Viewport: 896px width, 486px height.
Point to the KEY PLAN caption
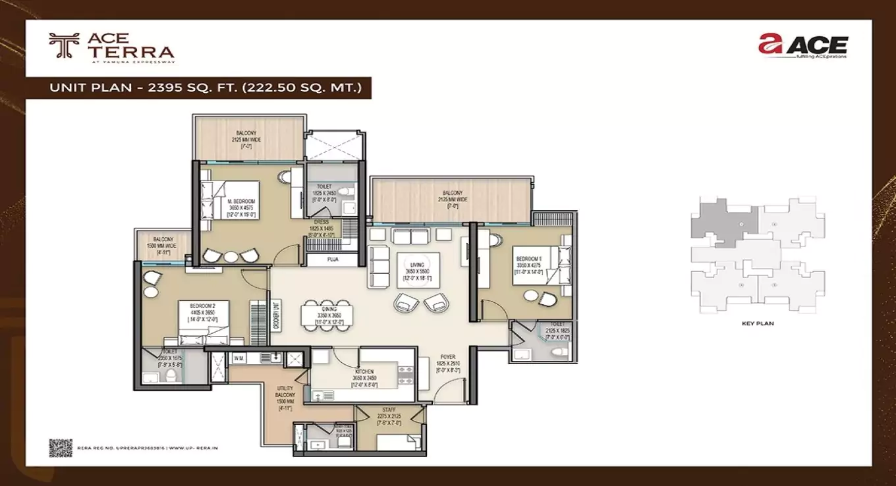[x=757, y=323]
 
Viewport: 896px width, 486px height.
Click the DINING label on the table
[x=329, y=309]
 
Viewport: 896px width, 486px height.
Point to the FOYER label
[x=448, y=358]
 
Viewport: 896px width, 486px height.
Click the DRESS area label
[x=321, y=223]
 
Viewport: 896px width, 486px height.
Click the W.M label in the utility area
[x=238, y=358]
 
